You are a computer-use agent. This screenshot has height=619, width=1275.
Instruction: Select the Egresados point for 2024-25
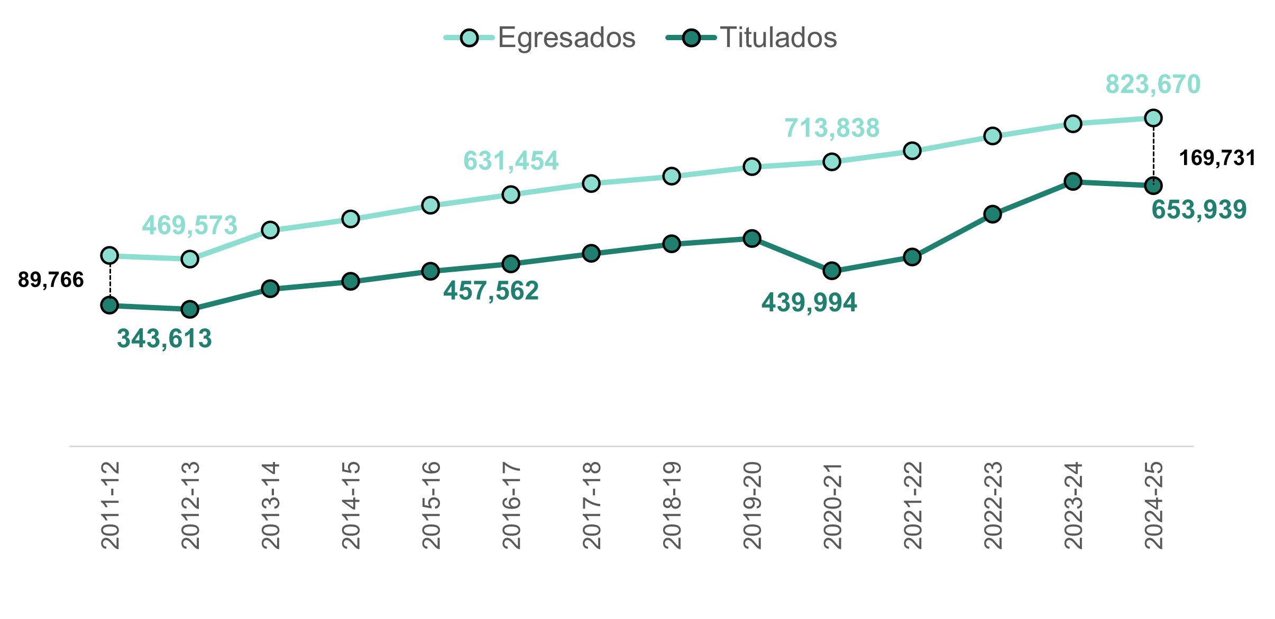coord(1153,118)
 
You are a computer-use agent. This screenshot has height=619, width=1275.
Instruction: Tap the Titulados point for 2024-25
coord(1153,186)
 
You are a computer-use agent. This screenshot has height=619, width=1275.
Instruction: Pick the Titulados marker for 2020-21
coord(832,271)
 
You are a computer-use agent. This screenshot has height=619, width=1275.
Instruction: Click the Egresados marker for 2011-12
coord(109,255)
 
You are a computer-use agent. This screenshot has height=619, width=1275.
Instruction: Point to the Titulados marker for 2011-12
coord(109,305)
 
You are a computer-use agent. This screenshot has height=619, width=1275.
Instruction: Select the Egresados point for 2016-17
coord(510,195)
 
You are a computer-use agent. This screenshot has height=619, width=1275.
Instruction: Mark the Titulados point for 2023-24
coord(1072,181)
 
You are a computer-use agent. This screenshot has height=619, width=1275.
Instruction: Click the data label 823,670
coord(1153,85)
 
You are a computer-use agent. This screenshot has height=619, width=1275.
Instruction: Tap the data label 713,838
coord(832,128)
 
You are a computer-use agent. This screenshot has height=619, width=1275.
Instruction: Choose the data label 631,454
coord(511,161)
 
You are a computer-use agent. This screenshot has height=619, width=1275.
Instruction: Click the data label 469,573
coord(190,226)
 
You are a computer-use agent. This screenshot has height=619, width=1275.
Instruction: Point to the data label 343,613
coord(164,339)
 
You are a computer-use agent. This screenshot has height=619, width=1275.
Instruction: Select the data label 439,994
coord(809,303)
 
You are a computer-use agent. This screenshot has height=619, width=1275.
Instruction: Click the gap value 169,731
coord(1217,158)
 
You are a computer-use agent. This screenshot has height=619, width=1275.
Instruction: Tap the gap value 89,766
coord(51,280)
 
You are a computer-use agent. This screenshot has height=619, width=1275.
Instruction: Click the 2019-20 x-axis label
coord(751,505)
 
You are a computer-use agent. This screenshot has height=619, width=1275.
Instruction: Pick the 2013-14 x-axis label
coord(270,505)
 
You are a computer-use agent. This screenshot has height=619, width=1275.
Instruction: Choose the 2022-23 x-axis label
coord(993,505)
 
